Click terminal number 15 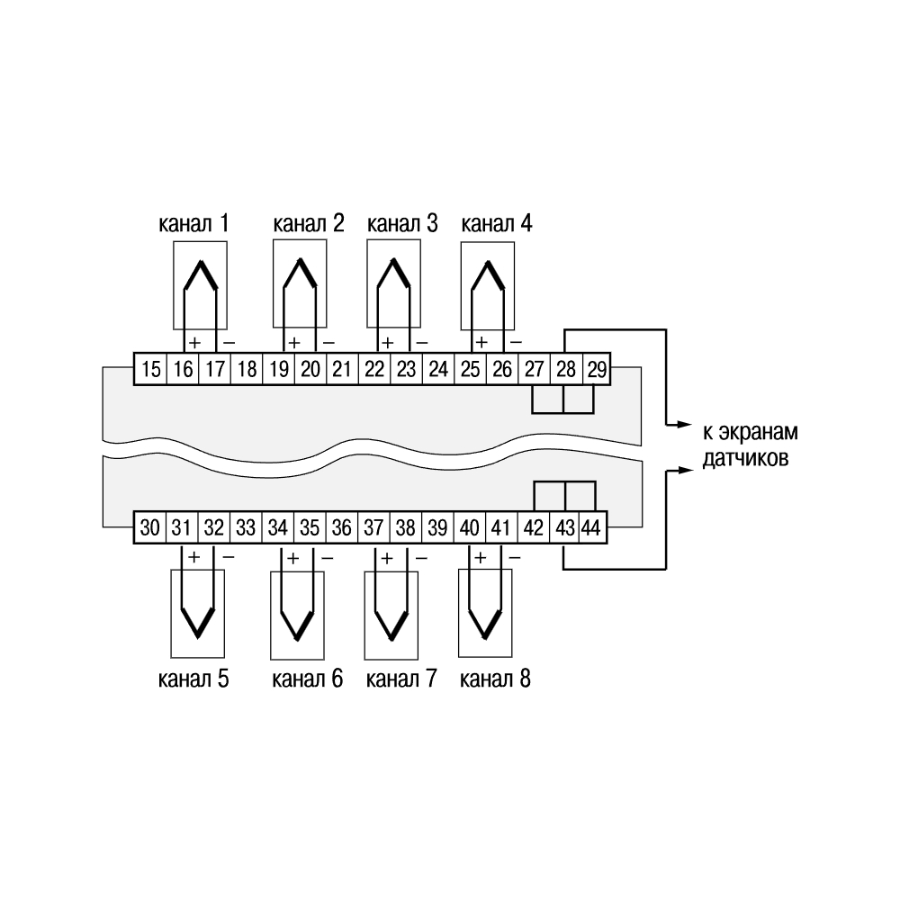click(x=150, y=368)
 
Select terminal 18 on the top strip click(x=247, y=368)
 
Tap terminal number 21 click(x=342, y=368)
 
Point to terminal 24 click(x=438, y=368)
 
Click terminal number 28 click(x=566, y=368)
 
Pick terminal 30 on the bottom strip click(x=149, y=526)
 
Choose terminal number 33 click(x=246, y=526)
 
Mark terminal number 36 click(x=341, y=526)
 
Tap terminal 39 click(x=437, y=526)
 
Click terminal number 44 click(x=591, y=526)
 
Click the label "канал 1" click(x=194, y=223)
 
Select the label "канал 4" click(x=497, y=223)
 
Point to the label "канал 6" click(x=307, y=679)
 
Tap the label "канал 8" click(x=495, y=679)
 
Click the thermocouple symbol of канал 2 click(x=300, y=275)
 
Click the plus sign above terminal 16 click(x=195, y=343)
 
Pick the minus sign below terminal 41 click(x=515, y=557)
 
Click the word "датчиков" click(x=745, y=459)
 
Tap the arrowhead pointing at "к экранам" click(x=685, y=425)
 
